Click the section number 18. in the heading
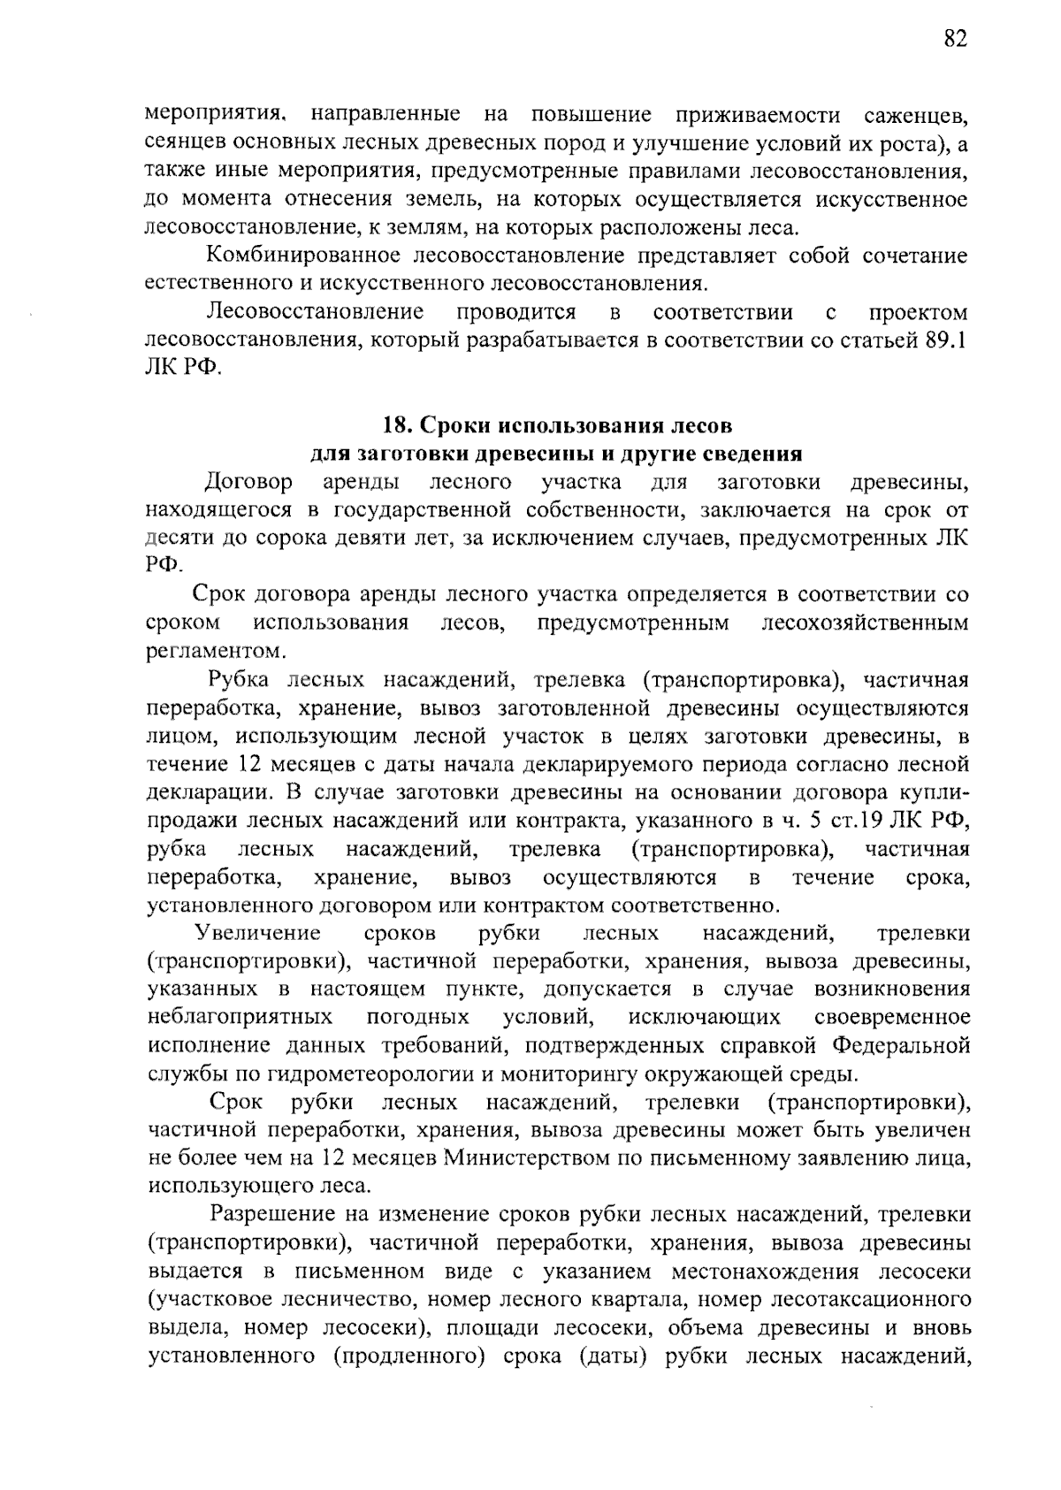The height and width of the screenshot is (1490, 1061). click(x=393, y=425)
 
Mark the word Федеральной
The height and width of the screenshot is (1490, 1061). click(x=901, y=1046)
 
